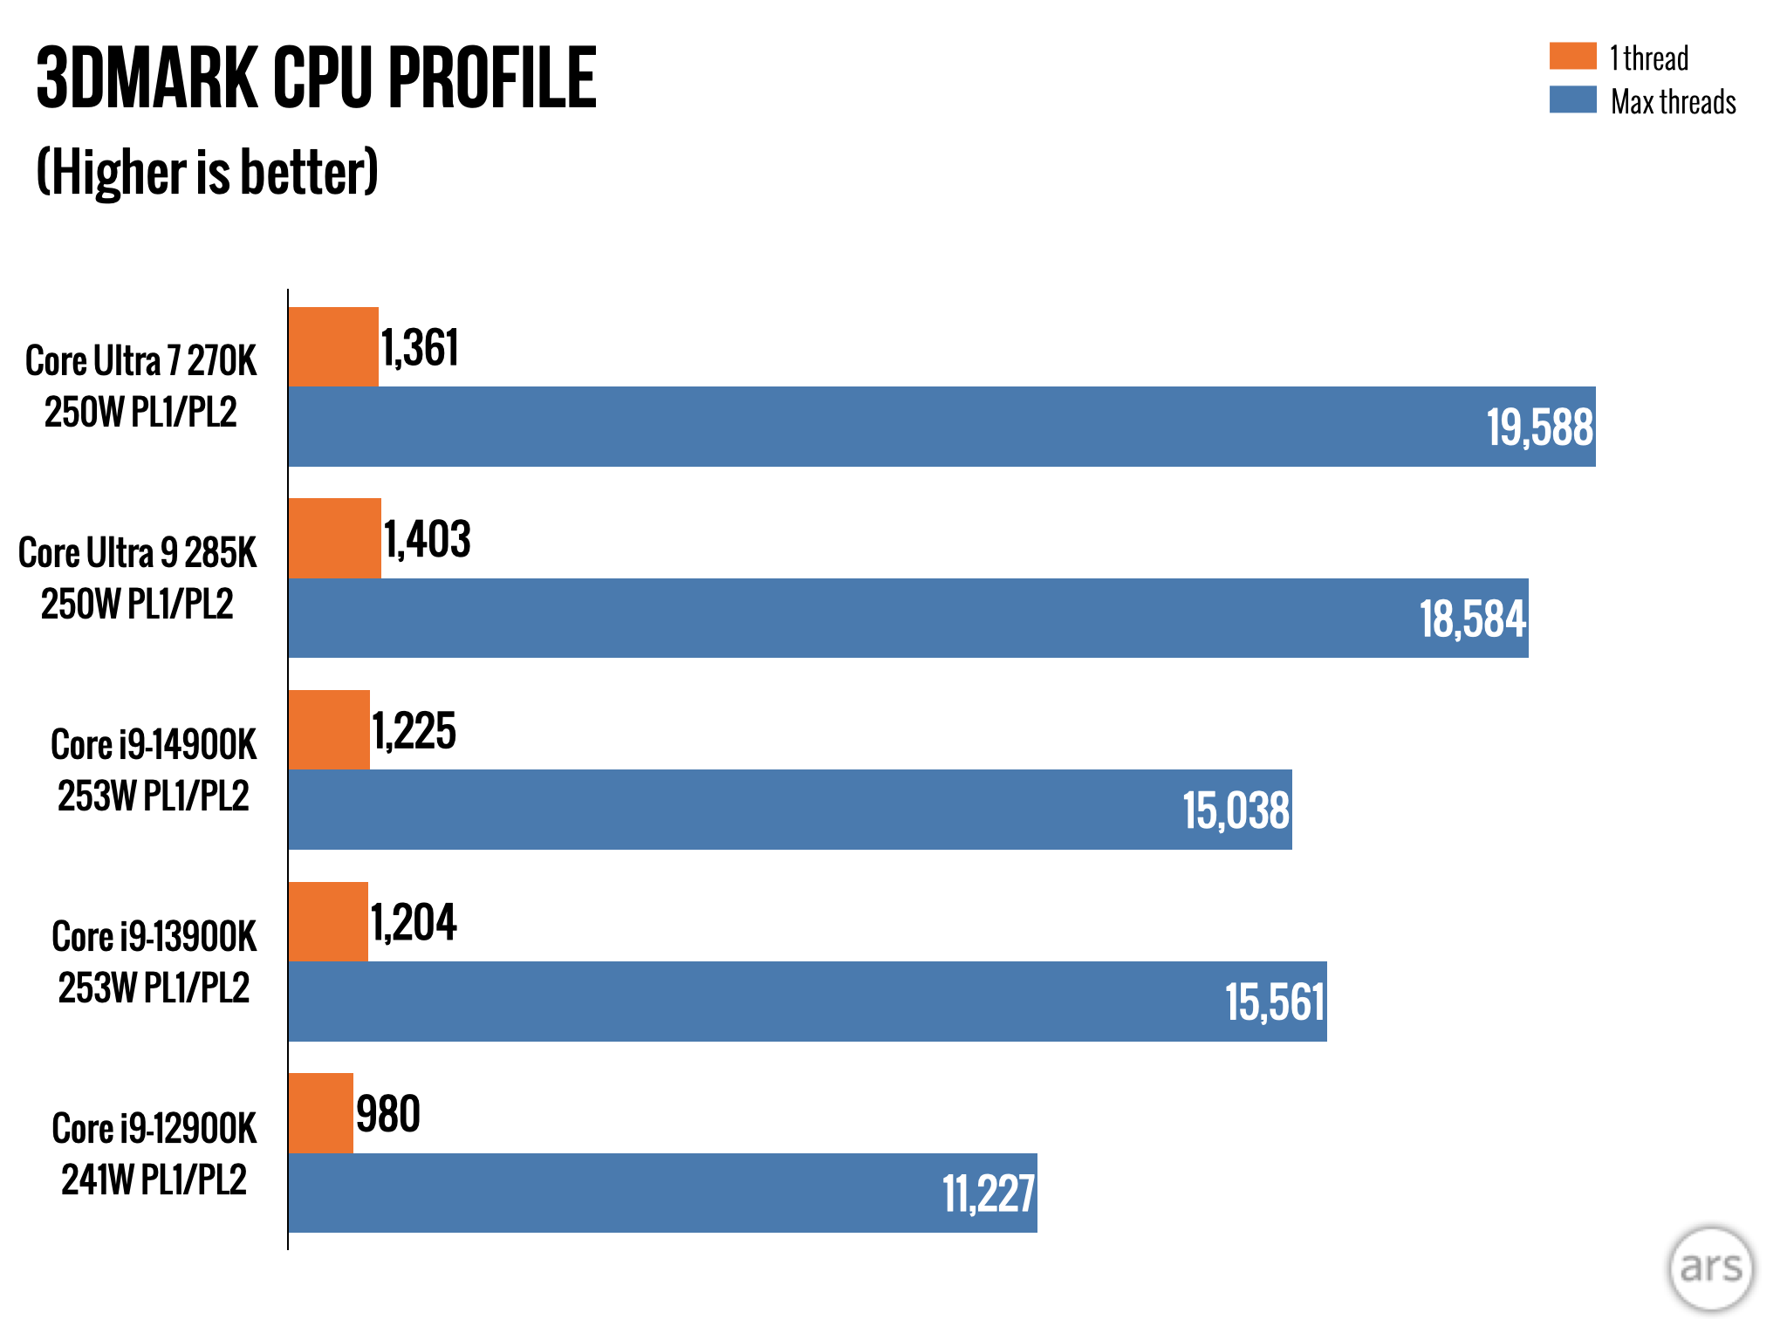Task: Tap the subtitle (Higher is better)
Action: (x=207, y=172)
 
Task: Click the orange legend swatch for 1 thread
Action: (x=1572, y=56)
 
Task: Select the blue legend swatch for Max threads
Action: (x=1572, y=99)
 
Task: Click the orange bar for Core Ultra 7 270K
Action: (x=333, y=346)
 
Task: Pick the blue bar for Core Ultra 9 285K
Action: (x=907, y=618)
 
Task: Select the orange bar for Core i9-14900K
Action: (x=329, y=730)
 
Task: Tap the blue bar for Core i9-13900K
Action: (x=807, y=1002)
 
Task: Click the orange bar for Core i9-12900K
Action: (x=320, y=1113)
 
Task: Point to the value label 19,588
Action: (x=1540, y=427)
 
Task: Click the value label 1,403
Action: (x=428, y=539)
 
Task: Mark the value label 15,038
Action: (x=1236, y=810)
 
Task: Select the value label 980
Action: (x=388, y=1114)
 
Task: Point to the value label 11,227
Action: (x=988, y=1193)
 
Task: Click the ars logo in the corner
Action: (x=1710, y=1268)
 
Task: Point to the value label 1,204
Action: (x=414, y=922)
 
